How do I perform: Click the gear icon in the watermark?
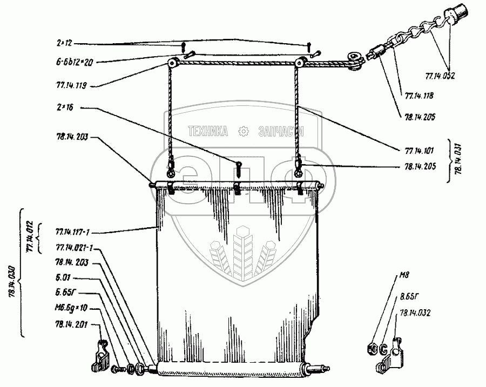click(x=243, y=131)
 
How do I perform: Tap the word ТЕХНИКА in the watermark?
click(x=208, y=131)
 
